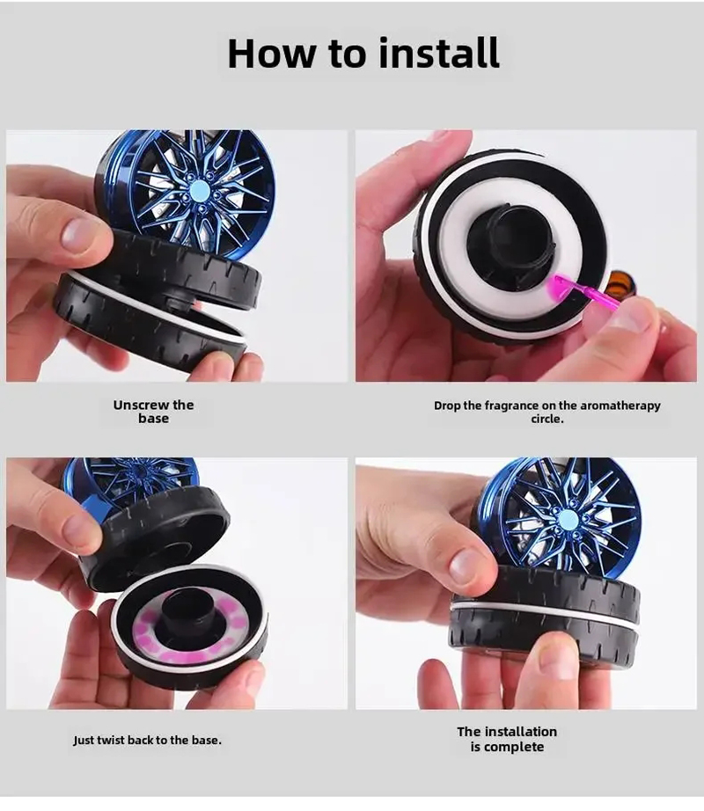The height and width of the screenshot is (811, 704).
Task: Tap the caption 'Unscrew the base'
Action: click(153, 412)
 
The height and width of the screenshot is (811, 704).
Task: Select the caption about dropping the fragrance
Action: click(546, 412)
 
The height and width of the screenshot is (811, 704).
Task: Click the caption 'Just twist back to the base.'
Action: click(147, 740)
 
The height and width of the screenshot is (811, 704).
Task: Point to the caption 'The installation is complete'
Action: click(507, 739)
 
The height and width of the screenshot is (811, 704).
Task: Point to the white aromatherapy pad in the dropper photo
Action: click(458, 273)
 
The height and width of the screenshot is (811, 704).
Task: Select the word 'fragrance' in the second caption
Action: click(516, 405)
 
